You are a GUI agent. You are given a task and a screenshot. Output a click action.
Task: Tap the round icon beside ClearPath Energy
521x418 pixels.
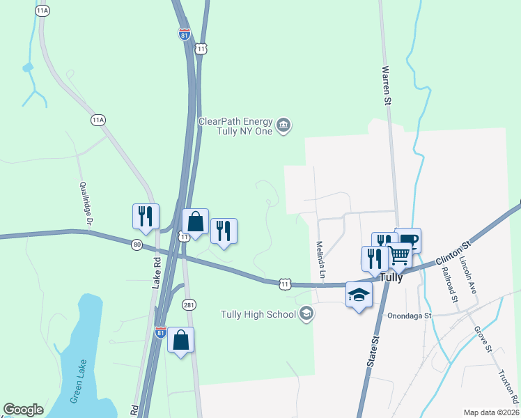[283, 126]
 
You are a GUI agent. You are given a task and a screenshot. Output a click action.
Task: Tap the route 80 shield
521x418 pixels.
[137, 244]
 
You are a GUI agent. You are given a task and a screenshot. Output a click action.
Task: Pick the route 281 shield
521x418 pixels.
[189, 304]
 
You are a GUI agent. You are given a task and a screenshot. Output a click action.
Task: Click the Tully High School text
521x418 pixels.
[258, 314]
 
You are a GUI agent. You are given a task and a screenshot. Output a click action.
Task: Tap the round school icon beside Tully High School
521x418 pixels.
[306, 314]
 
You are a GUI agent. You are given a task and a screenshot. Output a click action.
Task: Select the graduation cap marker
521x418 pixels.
[359, 295]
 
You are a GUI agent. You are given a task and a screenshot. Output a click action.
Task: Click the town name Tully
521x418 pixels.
[391, 277]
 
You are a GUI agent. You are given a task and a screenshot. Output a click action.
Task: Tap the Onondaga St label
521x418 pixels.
[410, 315]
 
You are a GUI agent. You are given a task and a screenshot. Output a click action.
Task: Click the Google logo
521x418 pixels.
[23, 410]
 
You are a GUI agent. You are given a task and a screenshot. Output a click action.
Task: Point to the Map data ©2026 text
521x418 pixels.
[491, 412]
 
